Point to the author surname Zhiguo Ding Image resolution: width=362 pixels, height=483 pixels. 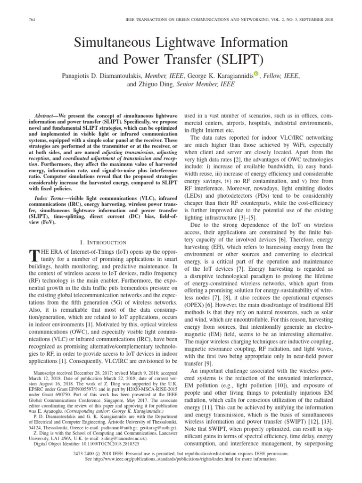(153, 84)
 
